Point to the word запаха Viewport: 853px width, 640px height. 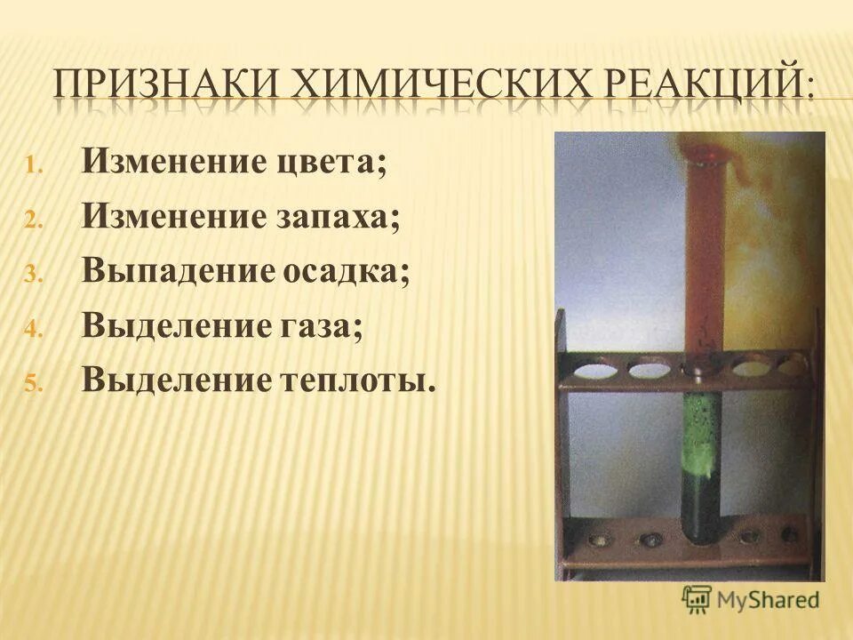339,217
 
